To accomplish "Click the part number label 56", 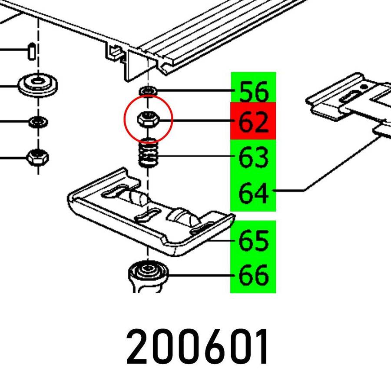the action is click(x=254, y=91).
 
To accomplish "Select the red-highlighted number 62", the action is click(x=253, y=122).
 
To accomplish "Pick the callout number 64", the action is click(x=253, y=192).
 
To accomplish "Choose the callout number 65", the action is click(x=253, y=240).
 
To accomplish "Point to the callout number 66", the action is click(x=253, y=275).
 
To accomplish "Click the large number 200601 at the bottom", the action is click(x=197, y=347).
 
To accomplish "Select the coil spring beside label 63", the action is click(x=148, y=152).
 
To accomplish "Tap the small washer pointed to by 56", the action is click(x=148, y=91).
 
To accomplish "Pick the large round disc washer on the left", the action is click(x=38, y=85).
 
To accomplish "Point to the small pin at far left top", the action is click(x=31, y=51).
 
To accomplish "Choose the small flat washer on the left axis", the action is click(x=38, y=122).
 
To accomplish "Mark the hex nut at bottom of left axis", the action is click(x=38, y=157).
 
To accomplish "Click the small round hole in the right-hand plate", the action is click(x=364, y=87).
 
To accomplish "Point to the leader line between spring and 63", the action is click(x=195, y=156).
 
